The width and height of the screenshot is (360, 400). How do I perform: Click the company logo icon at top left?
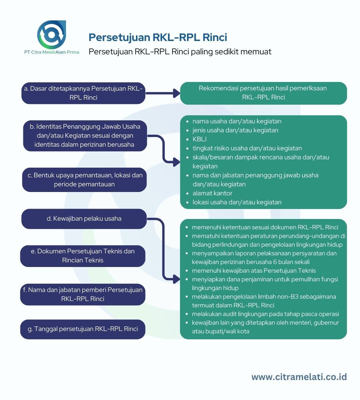click(x=52, y=35)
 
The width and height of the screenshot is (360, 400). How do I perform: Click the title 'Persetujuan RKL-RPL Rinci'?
click(x=158, y=37)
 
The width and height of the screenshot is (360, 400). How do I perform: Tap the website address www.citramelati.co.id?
click(x=299, y=377)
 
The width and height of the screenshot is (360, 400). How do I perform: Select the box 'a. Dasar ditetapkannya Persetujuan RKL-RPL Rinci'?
click(x=83, y=93)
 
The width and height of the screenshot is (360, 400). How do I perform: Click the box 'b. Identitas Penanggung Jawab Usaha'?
click(x=85, y=136)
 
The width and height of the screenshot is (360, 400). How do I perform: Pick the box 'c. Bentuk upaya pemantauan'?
click(x=84, y=180)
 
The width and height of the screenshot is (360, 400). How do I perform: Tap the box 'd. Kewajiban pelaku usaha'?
click(x=84, y=219)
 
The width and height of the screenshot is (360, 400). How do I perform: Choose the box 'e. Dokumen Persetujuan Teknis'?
click(x=83, y=256)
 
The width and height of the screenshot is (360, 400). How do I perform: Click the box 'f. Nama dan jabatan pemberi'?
click(x=83, y=294)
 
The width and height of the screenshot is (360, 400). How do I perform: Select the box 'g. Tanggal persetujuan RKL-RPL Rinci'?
click(x=83, y=329)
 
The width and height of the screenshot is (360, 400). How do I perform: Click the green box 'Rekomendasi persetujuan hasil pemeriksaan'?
click(x=263, y=93)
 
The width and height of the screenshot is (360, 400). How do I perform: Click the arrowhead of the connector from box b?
click(x=176, y=162)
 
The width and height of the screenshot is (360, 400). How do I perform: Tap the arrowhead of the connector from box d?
click(x=176, y=279)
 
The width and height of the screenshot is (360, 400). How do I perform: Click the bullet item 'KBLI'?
click(x=199, y=139)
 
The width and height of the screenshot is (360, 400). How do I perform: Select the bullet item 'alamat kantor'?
click(x=212, y=193)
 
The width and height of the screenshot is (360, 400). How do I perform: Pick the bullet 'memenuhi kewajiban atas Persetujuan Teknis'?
click(x=254, y=271)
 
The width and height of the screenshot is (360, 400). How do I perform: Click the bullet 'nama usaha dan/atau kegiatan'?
click(x=237, y=121)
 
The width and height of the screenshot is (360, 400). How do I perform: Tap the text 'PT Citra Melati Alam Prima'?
click(x=52, y=52)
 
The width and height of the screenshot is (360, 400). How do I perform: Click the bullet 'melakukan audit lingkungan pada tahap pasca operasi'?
click(x=265, y=314)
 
